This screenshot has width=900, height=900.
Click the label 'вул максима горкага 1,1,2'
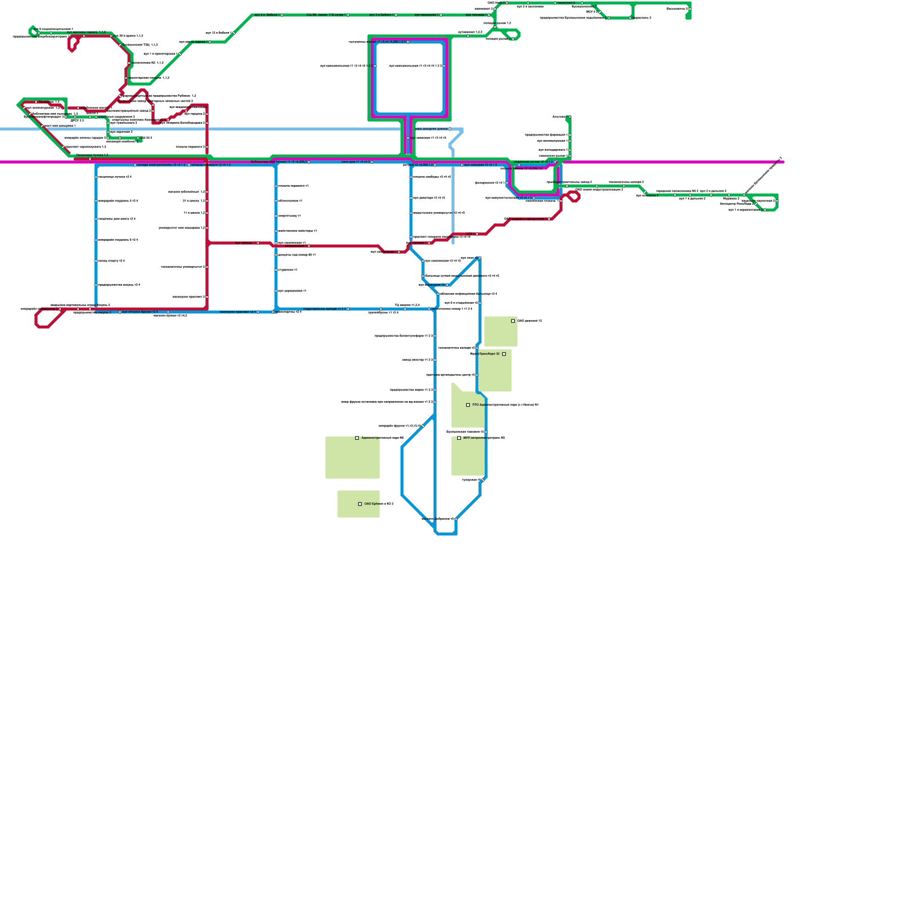point(86,32)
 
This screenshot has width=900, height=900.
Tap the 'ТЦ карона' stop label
point(48,102)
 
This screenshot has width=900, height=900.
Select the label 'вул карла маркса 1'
point(193,42)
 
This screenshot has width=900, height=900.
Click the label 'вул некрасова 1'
point(426,15)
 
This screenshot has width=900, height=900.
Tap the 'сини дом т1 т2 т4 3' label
point(355,161)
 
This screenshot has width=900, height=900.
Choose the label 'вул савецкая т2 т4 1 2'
point(480,165)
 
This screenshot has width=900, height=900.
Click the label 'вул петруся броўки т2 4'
point(140,312)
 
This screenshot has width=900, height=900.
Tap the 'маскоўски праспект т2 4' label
point(238,312)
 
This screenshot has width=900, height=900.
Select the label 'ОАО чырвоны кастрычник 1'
point(526,219)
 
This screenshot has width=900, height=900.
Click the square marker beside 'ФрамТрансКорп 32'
point(504,354)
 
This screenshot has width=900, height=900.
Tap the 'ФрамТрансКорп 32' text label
point(485,354)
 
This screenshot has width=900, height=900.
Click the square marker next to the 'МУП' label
point(459,438)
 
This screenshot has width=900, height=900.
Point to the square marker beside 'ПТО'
point(468,405)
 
